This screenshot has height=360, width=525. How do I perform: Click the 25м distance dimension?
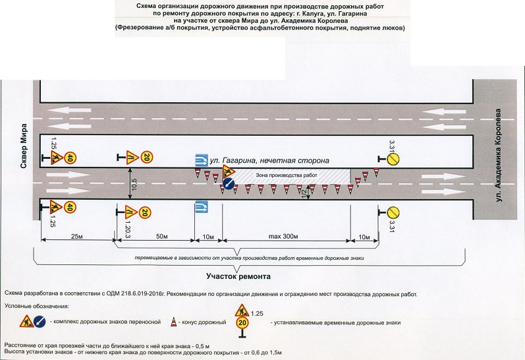(x=77, y=236)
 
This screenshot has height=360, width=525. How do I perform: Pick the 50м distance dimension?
(x=156, y=236)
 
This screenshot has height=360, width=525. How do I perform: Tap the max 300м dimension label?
(x=287, y=236)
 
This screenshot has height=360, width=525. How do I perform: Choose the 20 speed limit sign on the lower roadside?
(x=146, y=212)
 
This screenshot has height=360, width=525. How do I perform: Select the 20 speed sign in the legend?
(x=242, y=324)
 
